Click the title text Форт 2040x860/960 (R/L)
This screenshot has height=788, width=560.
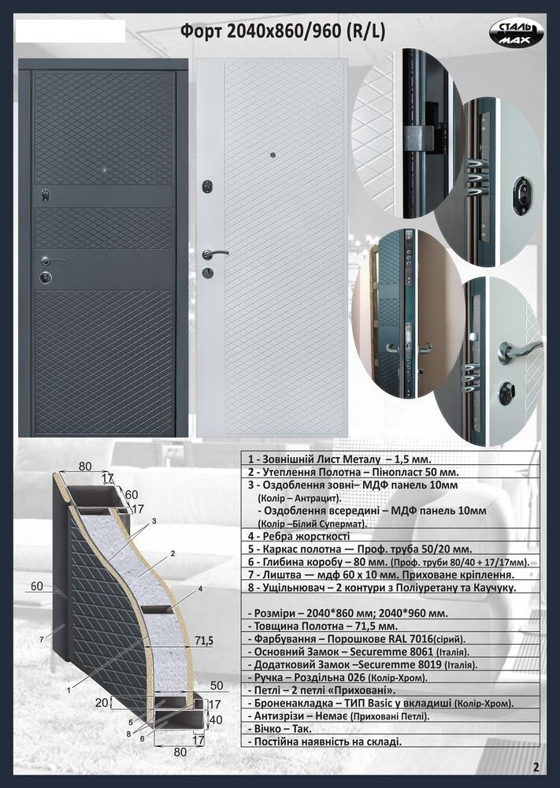[x=283, y=32]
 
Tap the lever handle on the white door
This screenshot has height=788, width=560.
[x=215, y=254]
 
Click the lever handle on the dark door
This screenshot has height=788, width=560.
[x=53, y=260]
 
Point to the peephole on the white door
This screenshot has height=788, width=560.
[x=273, y=155]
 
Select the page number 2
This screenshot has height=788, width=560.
[x=536, y=767]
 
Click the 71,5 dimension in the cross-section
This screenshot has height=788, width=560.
[x=204, y=640]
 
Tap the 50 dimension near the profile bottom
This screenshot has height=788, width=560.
[x=217, y=686]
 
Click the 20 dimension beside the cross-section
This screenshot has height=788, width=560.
[x=102, y=702]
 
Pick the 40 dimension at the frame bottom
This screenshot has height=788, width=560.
[x=216, y=719]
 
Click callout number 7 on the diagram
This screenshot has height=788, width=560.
[x=41, y=640]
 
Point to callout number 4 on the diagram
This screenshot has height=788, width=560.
[x=200, y=588]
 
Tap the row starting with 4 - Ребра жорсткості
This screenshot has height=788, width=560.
[x=299, y=536]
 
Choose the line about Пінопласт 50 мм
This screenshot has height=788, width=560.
[x=353, y=472]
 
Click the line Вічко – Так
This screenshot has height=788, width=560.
[x=280, y=728]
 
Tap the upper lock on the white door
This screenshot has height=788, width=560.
[x=206, y=187]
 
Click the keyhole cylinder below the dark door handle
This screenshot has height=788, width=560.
[x=46, y=277]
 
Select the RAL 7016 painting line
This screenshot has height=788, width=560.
[x=357, y=639]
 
